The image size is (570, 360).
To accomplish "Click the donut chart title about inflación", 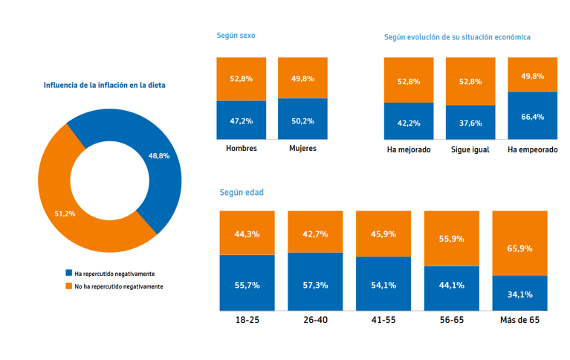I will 104,86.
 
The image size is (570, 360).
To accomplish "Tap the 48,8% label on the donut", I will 159,156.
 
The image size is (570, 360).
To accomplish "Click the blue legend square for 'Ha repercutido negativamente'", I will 68,274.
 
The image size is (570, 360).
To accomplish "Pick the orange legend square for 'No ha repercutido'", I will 68,286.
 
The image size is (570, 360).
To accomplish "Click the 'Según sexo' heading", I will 236,35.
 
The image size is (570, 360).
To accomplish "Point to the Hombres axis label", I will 242,148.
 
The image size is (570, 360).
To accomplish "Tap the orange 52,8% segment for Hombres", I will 242,78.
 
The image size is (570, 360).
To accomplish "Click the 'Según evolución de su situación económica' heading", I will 457,36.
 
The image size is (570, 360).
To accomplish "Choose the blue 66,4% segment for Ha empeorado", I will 533,116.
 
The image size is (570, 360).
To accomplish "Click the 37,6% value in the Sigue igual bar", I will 470,123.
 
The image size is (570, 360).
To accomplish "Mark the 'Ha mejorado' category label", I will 409,150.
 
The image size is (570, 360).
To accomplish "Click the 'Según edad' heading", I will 242,193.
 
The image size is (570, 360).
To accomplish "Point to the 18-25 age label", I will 247,321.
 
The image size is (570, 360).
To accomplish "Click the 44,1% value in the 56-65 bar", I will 452,285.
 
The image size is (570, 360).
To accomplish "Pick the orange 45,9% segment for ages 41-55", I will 383,234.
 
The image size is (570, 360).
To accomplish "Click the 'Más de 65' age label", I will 519,321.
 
